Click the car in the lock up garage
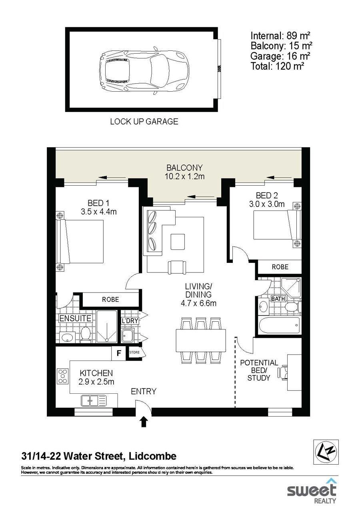tap(144, 70)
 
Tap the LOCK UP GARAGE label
tap(144, 122)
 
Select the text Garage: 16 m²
tap(280, 56)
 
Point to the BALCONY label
tap(184, 168)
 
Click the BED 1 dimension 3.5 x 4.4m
tap(98, 212)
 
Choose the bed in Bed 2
tap(277, 224)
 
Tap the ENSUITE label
tap(75, 319)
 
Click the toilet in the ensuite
tap(86, 335)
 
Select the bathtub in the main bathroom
tap(279, 325)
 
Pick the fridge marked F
tap(118, 353)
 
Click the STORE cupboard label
tap(134, 353)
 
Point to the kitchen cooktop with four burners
tap(63, 376)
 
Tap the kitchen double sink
tap(94, 401)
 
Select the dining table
tap(201, 341)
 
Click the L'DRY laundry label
tap(130, 321)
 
